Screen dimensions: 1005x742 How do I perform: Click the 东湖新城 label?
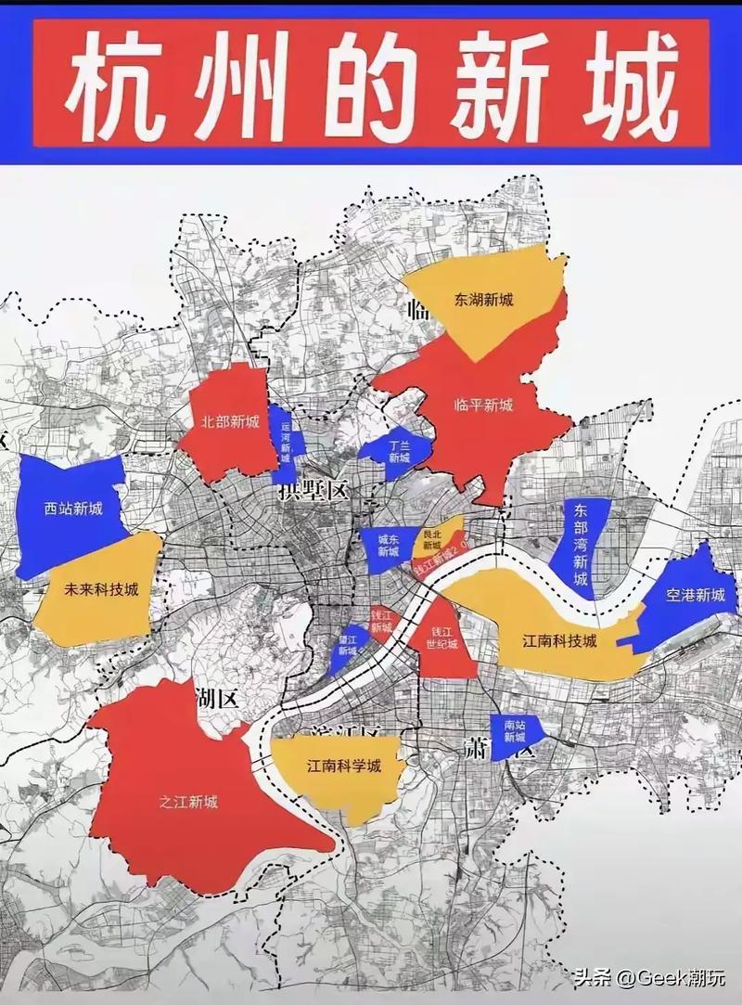coord(483,300)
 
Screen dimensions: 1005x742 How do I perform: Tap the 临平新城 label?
coord(483,405)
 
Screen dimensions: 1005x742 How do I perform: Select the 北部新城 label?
coord(229,420)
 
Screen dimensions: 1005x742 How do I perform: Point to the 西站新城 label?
coord(72,508)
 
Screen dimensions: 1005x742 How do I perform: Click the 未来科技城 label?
coord(96,589)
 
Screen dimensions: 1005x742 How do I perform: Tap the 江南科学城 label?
coord(344,767)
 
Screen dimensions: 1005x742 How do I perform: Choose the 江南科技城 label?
coord(559,641)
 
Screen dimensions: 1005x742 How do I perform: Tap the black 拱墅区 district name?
coord(313,491)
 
